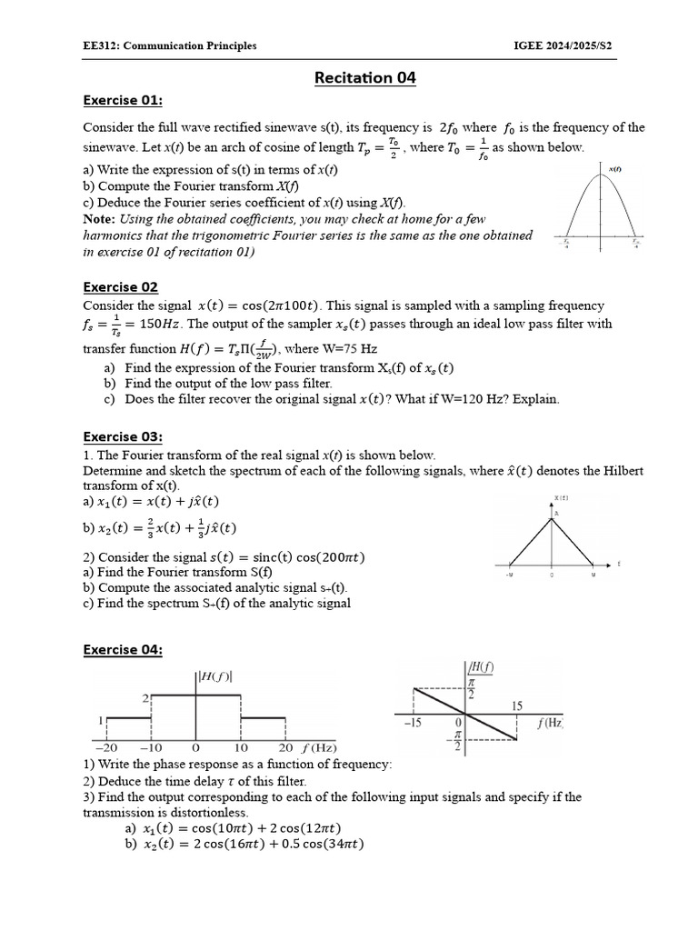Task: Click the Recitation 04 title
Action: point(364,78)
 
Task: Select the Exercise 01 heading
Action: point(123,100)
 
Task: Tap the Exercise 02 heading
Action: point(121,287)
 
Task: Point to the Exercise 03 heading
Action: point(123,436)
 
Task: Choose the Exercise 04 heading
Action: point(123,649)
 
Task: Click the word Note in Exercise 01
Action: point(98,219)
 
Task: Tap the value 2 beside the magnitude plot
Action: point(143,697)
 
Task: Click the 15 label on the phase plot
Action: point(516,706)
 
